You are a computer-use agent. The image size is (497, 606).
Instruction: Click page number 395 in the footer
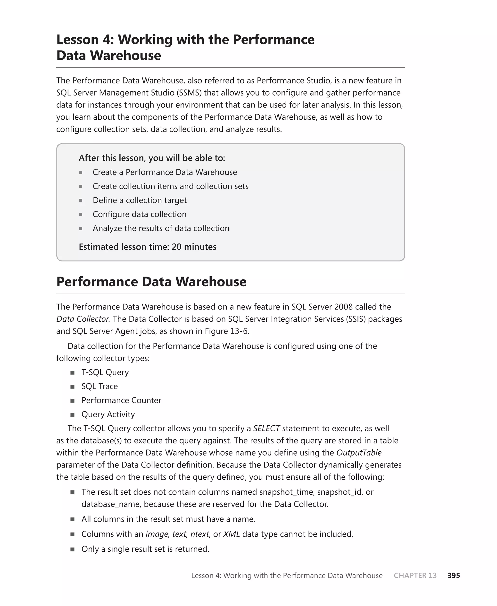454,575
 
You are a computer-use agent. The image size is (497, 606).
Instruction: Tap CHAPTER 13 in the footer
415,575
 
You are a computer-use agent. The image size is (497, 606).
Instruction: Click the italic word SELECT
266,428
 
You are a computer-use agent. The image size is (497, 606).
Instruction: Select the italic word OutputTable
359,453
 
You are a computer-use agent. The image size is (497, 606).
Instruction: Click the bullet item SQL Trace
100,386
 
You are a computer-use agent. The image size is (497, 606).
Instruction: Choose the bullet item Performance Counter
121,400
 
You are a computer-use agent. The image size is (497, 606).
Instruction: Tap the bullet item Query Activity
108,414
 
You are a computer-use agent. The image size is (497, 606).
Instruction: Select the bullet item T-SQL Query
105,372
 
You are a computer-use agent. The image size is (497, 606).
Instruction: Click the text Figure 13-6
227,331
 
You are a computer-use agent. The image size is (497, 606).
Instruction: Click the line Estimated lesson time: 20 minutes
148,247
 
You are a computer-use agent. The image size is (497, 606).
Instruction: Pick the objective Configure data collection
140,214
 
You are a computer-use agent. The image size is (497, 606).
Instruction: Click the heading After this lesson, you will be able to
152,158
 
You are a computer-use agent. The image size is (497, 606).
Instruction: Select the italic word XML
231,534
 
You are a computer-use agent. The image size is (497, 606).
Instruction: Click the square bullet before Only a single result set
72,549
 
